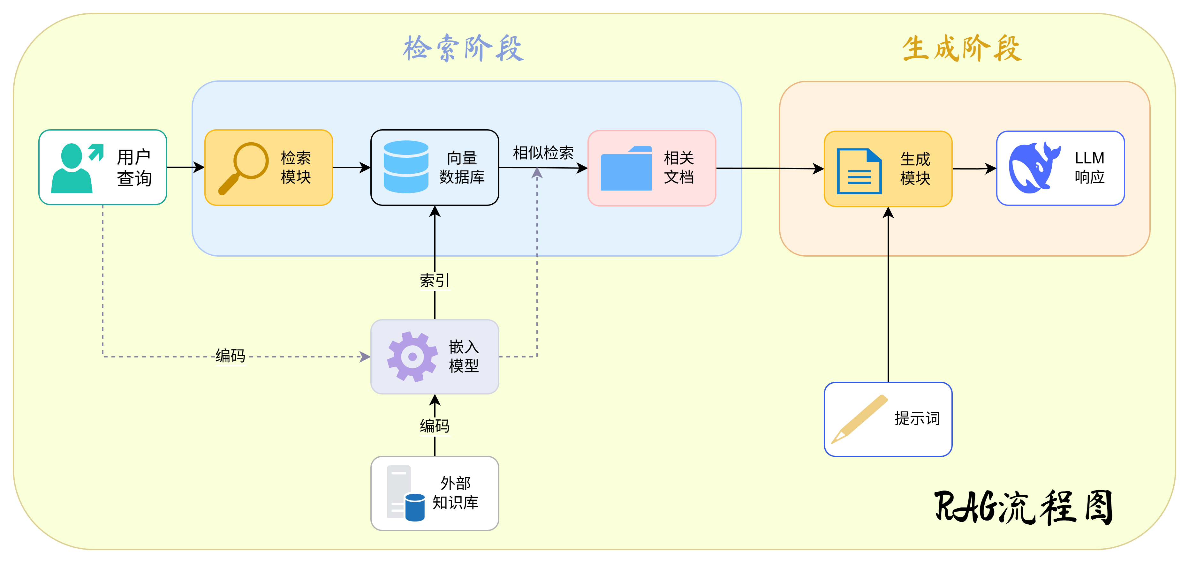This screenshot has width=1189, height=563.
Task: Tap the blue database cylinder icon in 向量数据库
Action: coord(406,167)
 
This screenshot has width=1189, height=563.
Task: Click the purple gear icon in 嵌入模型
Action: coord(412,356)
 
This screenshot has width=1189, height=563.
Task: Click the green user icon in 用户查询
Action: coord(74,168)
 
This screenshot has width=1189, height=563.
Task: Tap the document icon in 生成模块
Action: coord(859,171)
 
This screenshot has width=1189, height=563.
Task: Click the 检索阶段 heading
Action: coord(463,48)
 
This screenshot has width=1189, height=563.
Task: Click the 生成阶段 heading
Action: coord(962,48)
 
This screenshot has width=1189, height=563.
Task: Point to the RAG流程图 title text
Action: coord(1024,507)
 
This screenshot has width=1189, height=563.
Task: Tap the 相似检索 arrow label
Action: coord(543,153)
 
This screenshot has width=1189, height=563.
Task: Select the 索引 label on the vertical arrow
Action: coord(434,280)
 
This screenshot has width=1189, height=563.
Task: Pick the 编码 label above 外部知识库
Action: coord(434,425)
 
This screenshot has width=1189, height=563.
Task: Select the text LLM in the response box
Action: coord(1089,158)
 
